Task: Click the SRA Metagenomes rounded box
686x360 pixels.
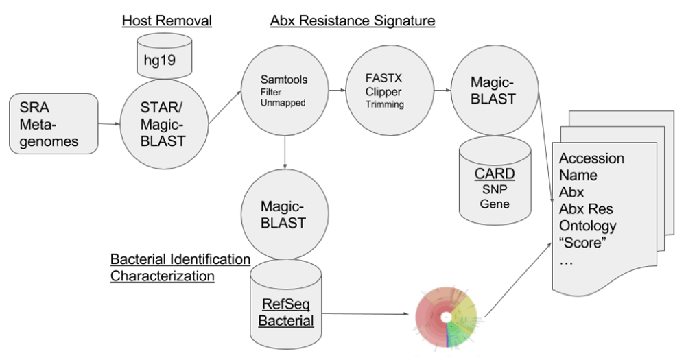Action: (x=54, y=124)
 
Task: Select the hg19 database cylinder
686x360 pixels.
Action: (x=165, y=56)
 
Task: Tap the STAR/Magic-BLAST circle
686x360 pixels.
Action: (x=164, y=125)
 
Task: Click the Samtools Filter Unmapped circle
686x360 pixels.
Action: (x=285, y=91)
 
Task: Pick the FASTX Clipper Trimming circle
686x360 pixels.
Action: (x=390, y=91)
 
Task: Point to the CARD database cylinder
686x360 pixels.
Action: (x=495, y=180)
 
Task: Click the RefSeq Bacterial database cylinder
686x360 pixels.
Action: (x=285, y=304)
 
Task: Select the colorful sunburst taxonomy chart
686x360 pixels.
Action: (x=446, y=317)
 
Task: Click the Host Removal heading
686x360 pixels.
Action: (x=167, y=21)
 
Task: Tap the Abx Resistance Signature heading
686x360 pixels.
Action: (x=353, y=21)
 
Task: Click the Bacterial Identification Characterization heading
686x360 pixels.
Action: (x=180, y=267)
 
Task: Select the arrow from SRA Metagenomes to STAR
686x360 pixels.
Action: (x=109, y=124)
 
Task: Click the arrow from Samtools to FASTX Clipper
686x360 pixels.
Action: (x=337, y=91)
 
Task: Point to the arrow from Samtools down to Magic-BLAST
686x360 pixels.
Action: (x=285, y=152)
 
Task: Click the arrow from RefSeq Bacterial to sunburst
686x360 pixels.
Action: (x=368, y=313)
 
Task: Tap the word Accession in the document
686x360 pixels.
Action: (x=591, y=158)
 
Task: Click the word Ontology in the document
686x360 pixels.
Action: (x=588, y=226)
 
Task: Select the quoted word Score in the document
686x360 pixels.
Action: (x=582, y=242)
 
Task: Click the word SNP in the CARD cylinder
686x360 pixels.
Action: (x=495, y=189)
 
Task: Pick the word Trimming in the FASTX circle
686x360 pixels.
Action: (x=385, y=104)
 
